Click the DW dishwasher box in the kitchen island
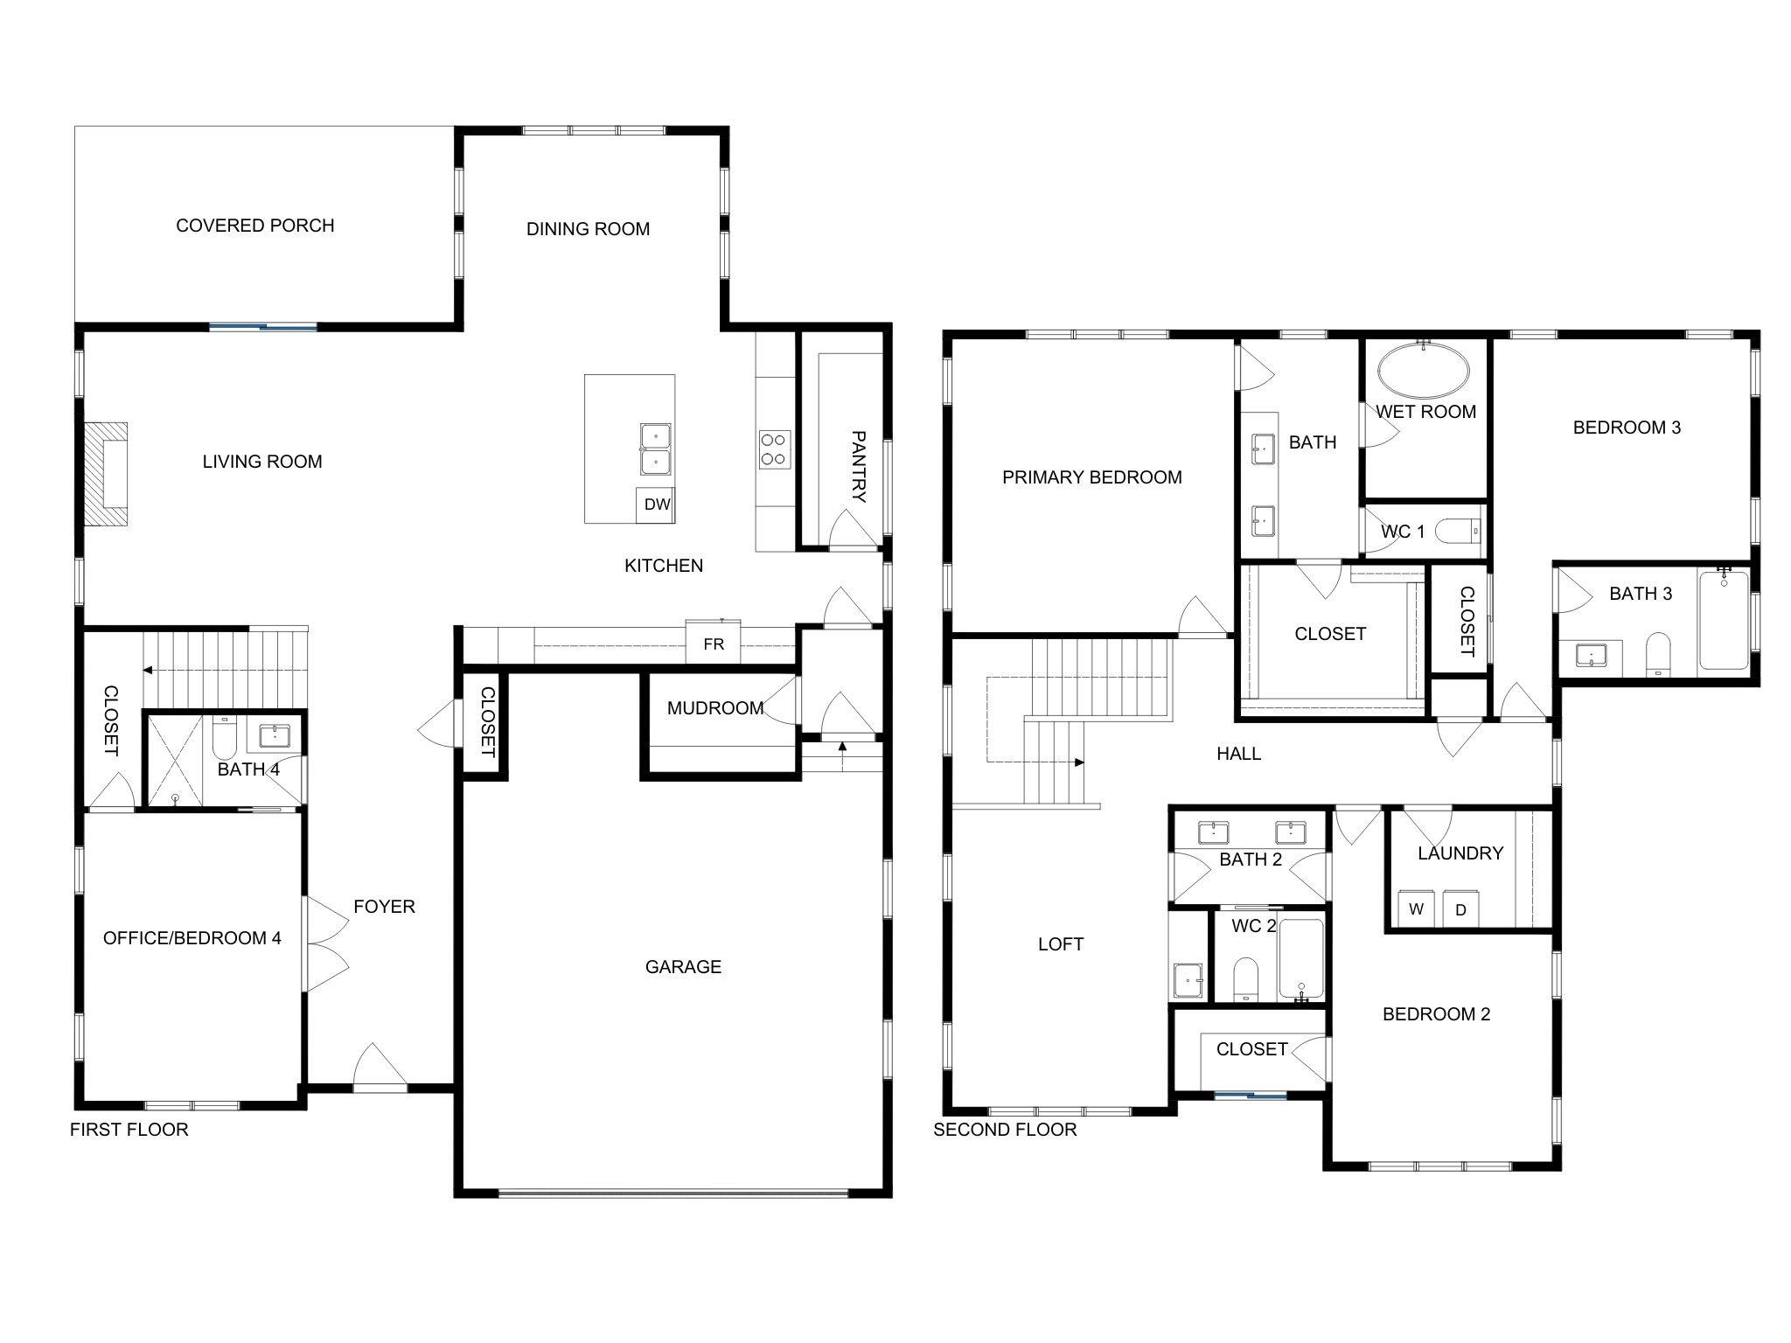[x=656, y=504]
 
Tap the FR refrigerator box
[x=714, y=644]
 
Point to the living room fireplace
[x=106, y=474]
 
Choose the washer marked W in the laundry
[x=1416, y=908]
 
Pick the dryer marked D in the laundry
[x=1460, y=908]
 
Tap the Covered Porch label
[x=255, y=226]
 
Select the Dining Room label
[x=588, y=229]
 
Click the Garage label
[x=683, y=966]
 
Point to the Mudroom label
[x=715, y=708]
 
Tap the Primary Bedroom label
[x=1091, y=477]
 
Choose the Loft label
[x=1060, y=944]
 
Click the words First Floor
[x=129, y=1130]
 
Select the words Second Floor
[x=1005, y=1130]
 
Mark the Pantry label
[x=858, y=466]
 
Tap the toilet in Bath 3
[x=1657, y=654]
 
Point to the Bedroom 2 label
[x=1436, y=1014]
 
